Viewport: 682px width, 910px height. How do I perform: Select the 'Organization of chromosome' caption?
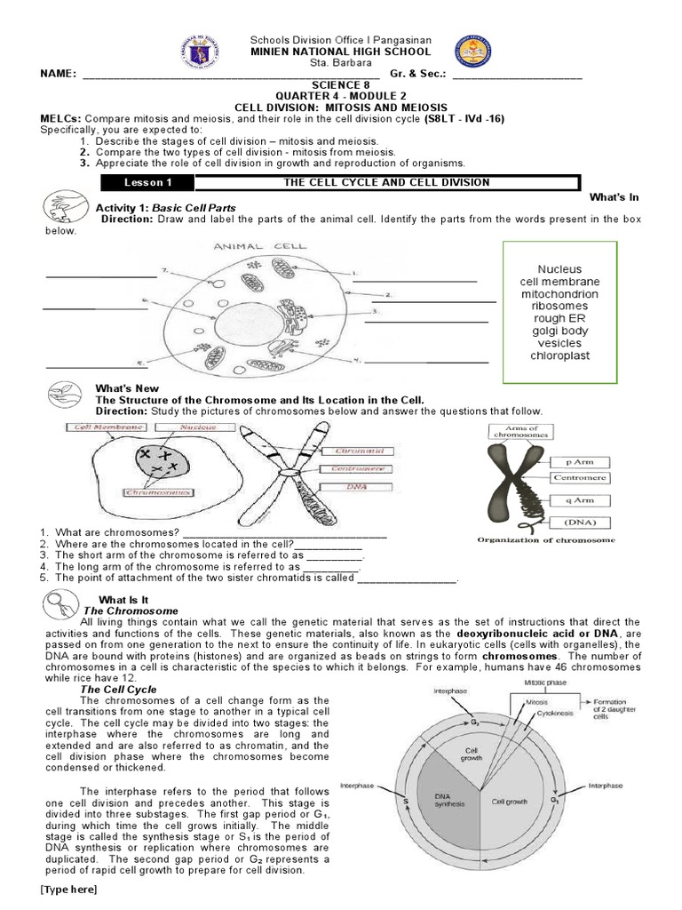546,539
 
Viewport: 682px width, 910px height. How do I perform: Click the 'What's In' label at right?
615,196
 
